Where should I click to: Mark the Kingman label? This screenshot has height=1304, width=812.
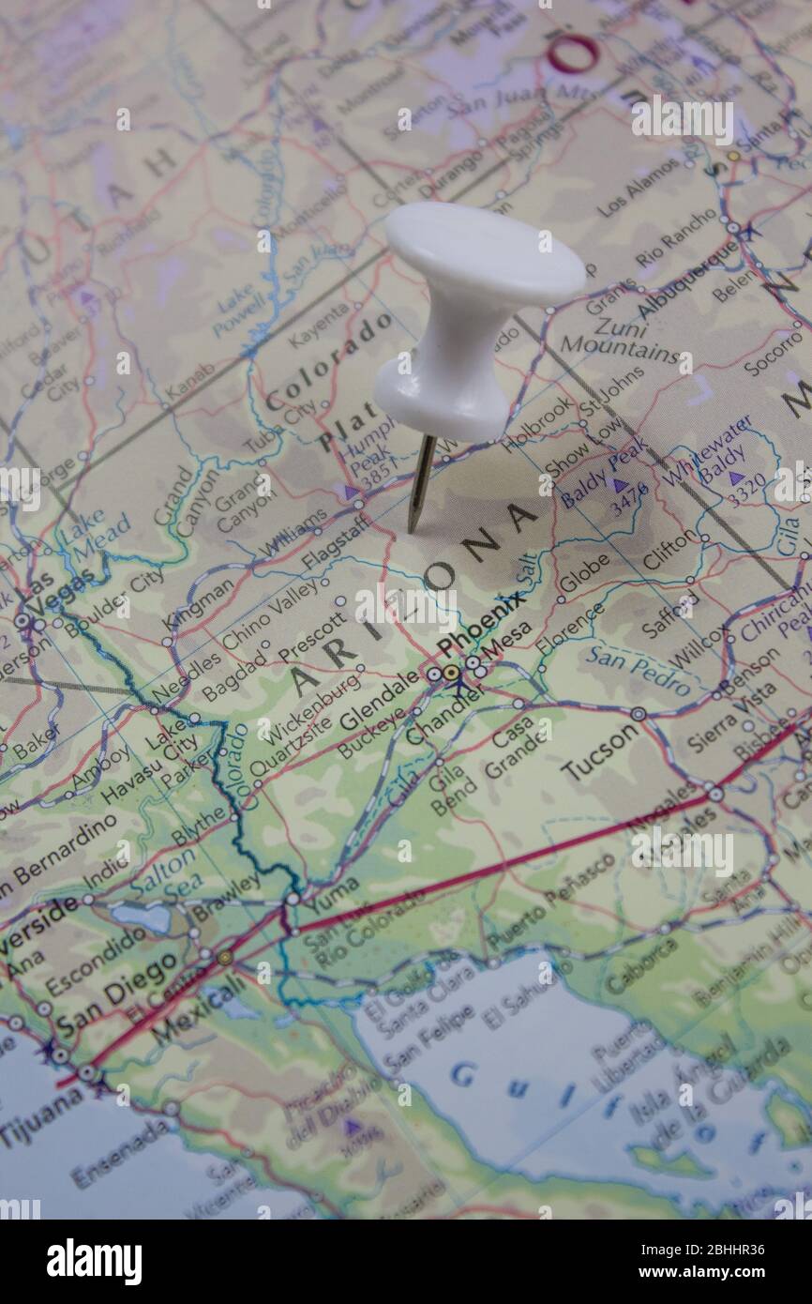pyautogui.click(x=198, y=604)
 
